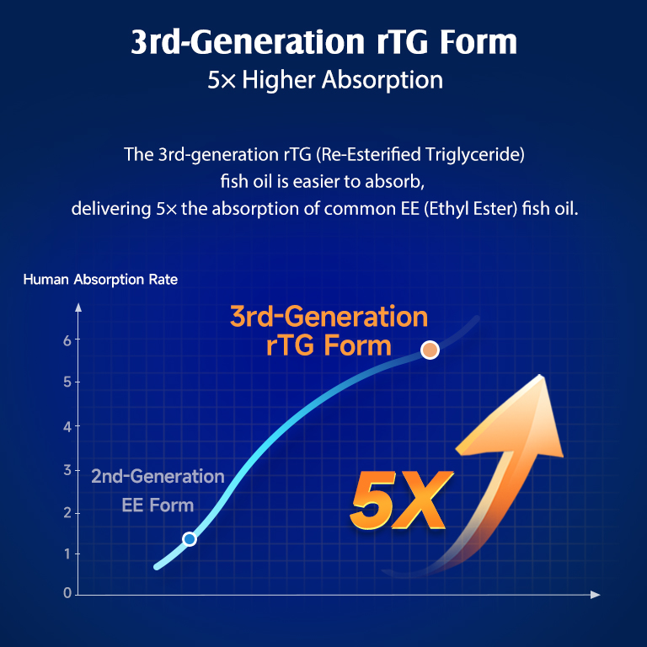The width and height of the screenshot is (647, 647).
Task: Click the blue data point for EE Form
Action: [x=190, y=539]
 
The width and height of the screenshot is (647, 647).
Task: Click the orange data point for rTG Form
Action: [x=430, y=350]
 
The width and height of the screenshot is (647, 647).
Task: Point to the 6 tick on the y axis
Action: [x=67, y=340]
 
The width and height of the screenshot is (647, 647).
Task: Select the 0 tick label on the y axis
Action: [x=67, y=593]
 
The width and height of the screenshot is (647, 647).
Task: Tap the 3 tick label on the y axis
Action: [x=67, y=470]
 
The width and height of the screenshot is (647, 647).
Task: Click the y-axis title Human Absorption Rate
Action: [x=100, y=280]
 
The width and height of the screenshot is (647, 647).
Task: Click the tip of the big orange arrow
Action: [x=541, y=375]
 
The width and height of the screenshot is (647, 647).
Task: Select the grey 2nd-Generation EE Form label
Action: [x=158, y=490]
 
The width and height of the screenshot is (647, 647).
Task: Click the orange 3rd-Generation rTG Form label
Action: [x=329, y=330]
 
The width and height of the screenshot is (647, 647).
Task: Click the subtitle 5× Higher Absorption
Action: [x=324, y=79]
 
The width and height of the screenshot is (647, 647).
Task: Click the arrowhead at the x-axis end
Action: [x=595, y=595]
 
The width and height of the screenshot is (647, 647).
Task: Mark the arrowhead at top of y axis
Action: [x=78, y=307]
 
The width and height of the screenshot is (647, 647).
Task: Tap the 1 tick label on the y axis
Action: [x=67, y=553]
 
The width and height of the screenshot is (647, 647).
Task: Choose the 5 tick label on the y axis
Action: [x=67, y=382]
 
